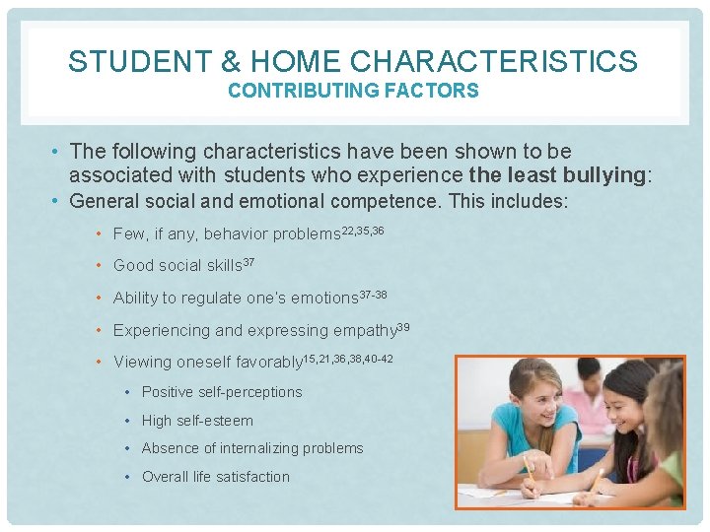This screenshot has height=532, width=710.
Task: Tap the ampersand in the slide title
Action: tap(231, 61)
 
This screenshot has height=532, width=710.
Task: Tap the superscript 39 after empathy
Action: tap(402, 325)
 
